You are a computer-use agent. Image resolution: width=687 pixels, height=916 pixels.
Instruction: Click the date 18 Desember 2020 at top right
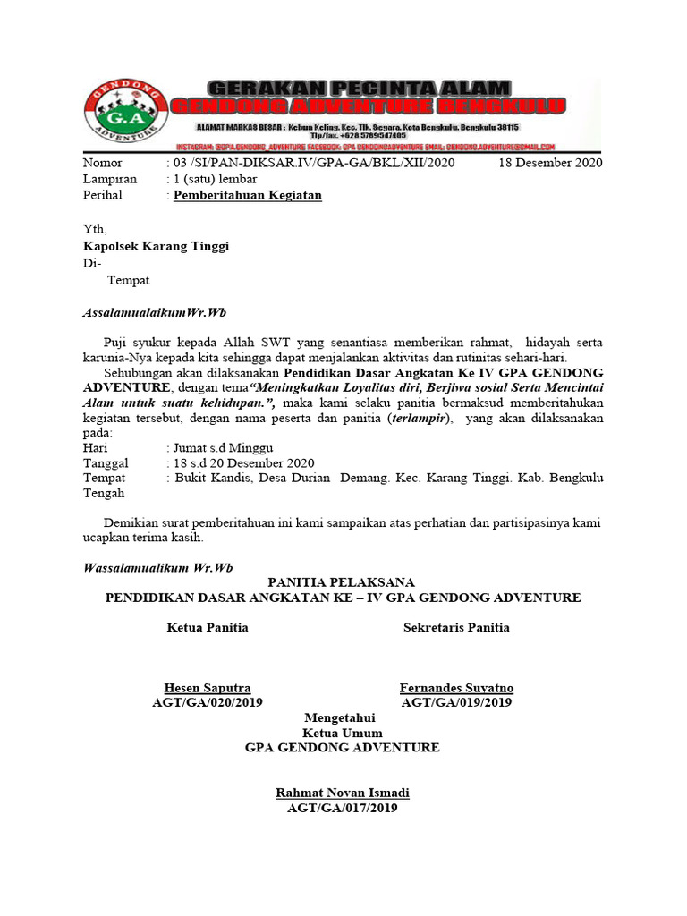coord(550,163)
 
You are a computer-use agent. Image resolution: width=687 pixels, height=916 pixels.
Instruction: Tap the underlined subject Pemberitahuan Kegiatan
coord(247,195)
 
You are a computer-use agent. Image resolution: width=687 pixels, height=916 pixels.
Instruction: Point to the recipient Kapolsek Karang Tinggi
coord(157,246)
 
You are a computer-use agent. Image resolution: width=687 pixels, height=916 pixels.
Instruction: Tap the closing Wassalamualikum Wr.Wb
coord(157,567)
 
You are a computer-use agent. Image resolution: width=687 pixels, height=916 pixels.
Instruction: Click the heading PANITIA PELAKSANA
coord(343,581)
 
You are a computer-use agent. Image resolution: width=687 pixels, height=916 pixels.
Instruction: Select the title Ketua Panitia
coord(208,627)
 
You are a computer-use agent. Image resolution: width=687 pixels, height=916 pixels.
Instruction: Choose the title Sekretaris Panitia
coord(456,627)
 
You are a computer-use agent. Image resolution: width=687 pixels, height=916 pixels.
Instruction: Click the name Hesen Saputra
coord(208,688)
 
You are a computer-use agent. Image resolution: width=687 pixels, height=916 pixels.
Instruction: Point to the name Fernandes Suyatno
coord(456,688)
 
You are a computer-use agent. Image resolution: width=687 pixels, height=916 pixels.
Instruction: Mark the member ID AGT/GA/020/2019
coord(208,703)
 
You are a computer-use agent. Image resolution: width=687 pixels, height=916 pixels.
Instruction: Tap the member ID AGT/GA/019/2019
coord(456,703)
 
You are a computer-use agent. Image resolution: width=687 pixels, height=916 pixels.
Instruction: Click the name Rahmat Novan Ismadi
coord(343,793)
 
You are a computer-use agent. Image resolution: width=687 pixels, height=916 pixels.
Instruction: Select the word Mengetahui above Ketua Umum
coord(340,718)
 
